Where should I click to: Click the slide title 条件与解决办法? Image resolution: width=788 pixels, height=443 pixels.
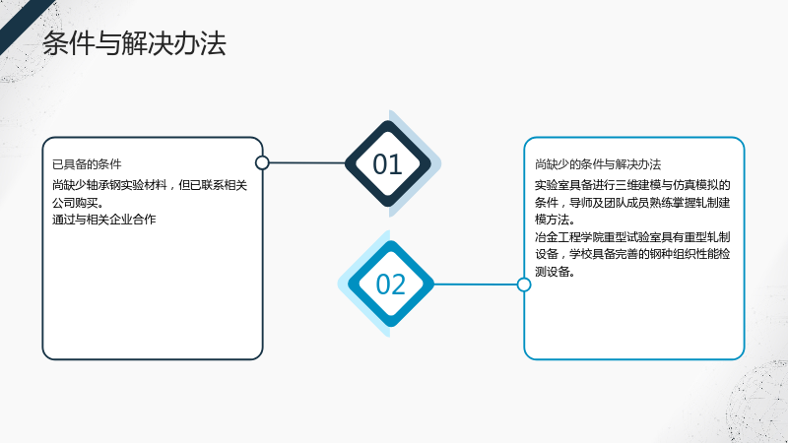134,43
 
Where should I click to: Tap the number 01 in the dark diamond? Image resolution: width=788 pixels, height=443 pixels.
387,164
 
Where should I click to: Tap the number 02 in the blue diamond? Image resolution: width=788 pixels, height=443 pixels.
390,285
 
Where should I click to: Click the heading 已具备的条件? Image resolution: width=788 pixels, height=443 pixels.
87,164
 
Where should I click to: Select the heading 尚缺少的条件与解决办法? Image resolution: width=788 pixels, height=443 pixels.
598,164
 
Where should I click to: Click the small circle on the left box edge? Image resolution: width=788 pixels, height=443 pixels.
262,162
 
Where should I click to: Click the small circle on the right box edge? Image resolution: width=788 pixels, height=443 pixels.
524,285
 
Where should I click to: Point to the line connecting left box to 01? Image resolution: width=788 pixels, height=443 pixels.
307,162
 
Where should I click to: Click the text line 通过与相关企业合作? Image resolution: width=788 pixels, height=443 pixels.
104,220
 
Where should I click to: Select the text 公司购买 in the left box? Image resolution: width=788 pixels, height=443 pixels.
75,203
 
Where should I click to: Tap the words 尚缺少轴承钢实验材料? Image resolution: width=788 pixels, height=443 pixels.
109,185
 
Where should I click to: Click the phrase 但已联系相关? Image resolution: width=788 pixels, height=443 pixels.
213,185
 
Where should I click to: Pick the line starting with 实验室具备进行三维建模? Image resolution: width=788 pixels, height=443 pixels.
632,185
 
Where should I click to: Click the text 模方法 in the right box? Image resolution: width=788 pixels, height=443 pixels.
552,220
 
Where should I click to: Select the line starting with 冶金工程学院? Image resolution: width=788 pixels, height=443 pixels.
632,236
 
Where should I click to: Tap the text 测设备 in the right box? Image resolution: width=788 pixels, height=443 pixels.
552,272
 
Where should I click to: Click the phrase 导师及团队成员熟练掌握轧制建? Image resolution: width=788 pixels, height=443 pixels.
650,203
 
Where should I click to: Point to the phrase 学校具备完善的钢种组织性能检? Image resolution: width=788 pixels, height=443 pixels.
650,254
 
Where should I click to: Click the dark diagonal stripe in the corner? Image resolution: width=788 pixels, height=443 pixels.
23,23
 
